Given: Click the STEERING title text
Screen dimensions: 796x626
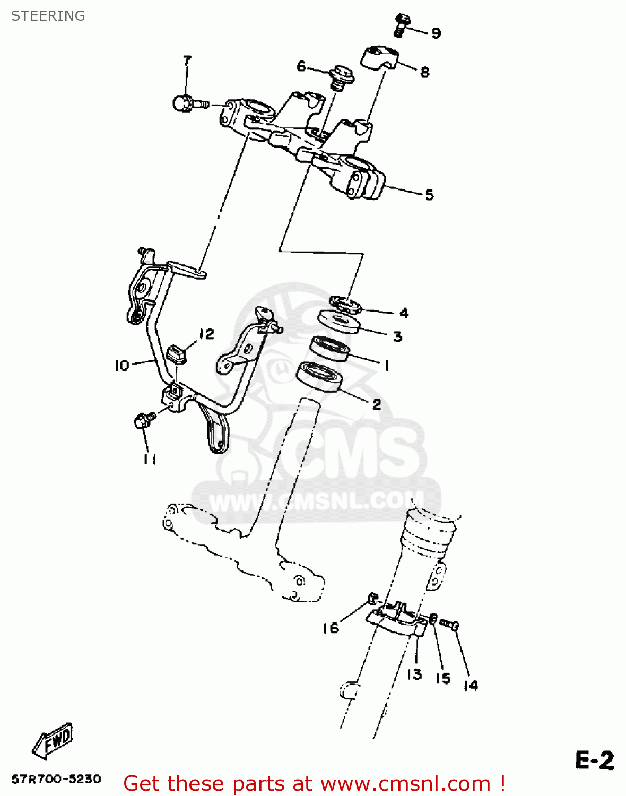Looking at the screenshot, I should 48,16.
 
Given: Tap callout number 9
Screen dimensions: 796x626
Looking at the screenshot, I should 436,33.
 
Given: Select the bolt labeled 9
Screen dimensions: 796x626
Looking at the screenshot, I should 403,25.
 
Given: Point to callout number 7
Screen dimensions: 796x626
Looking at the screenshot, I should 187,60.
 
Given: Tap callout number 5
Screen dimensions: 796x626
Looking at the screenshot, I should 429,195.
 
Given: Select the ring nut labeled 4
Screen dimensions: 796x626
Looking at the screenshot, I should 345,305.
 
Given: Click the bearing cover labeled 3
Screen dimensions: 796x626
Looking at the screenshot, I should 338,322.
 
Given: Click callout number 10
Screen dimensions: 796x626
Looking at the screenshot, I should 121,365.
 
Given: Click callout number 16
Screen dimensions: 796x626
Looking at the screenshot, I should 330,628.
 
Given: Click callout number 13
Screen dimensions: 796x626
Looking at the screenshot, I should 414,674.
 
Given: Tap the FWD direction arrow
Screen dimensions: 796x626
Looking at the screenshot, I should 53,740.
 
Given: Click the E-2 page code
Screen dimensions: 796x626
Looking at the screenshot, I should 594,760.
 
